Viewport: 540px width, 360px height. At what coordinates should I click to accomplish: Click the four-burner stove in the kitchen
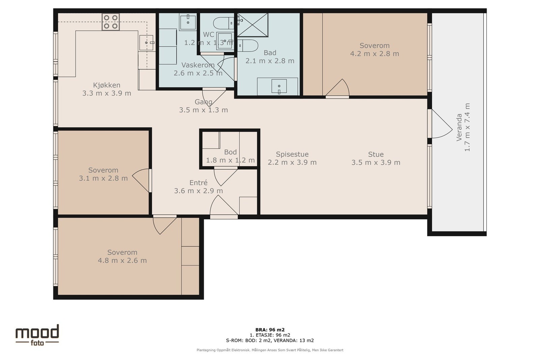pos(111,22)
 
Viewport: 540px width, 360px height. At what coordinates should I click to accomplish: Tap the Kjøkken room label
pos(107,85)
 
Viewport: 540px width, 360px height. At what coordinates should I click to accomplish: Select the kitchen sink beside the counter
pos(146,43)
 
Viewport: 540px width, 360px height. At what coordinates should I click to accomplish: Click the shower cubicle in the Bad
pos(253,25)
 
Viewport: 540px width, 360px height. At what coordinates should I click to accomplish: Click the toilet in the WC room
pos(223,23)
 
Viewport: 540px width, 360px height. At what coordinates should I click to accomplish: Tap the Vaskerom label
pos(198,65)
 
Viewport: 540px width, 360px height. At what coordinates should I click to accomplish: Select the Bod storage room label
pos(230,152)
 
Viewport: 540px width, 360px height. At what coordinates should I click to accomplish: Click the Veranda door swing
pos(442,123)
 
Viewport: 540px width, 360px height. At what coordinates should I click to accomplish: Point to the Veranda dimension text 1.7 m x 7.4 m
pos(467,127)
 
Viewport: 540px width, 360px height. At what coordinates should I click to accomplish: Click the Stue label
pos(376,154)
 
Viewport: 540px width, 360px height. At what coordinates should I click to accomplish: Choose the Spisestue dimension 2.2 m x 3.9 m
pos(292,162)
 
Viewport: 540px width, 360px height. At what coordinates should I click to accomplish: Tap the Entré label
pos(198,183)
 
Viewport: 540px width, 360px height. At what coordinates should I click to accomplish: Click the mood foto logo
pos(37,335)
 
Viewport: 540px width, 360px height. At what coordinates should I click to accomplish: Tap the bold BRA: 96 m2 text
pos(270,330)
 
